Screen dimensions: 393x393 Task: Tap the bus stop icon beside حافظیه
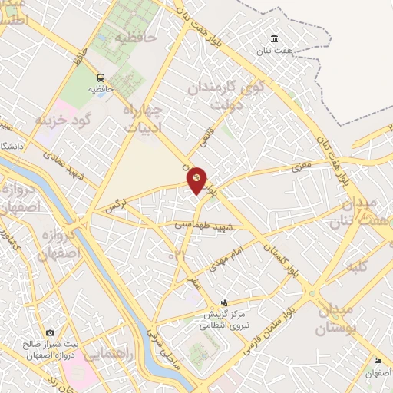coord(101,78)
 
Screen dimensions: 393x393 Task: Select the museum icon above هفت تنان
coord(274,39)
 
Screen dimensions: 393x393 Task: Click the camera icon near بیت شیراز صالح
coord(50,332)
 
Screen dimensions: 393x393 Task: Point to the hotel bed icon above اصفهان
coord(377,362)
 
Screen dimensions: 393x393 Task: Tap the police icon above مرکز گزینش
coord(223,302)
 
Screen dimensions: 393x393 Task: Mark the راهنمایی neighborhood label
coord(107,355)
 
